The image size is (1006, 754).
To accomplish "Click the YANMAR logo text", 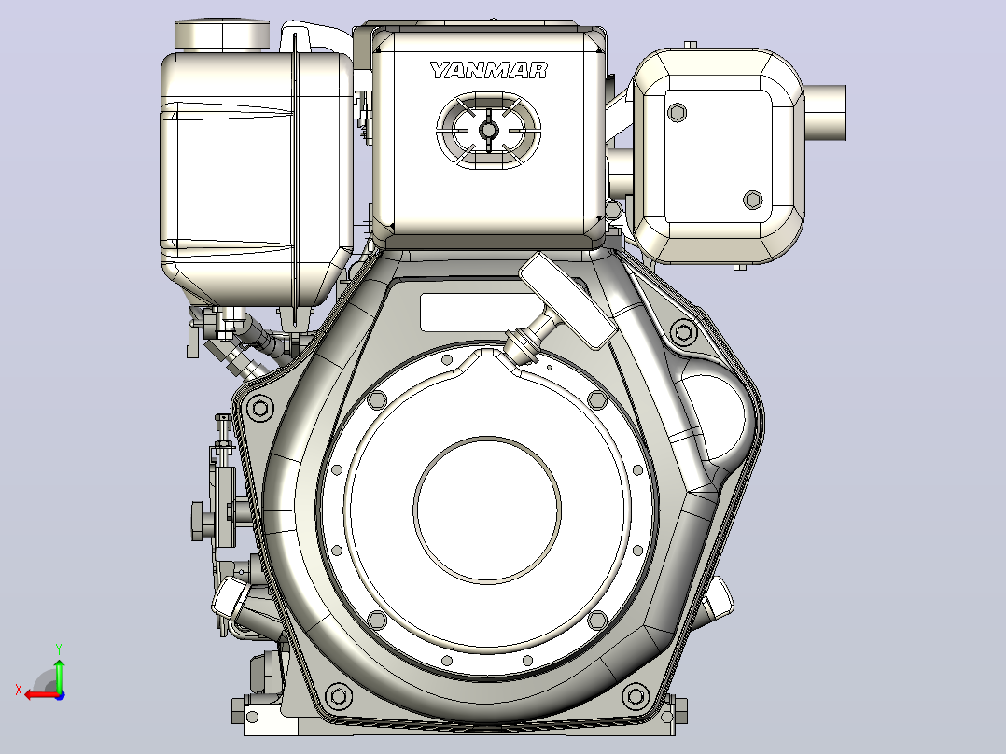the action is click(488, 70).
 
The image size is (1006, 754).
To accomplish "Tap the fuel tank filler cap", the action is click(223, 35).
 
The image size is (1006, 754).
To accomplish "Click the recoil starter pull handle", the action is click(568, 300).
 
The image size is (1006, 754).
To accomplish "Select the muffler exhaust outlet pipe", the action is click(825, 112).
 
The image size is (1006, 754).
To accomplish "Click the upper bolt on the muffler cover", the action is click(677, 113).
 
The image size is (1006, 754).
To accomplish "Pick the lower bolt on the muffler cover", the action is click(753, 200).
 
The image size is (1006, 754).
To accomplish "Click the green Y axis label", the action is click(59, 649).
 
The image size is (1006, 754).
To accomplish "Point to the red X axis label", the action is click(19, 690).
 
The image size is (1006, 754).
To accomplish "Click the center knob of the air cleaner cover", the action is click(488, 131).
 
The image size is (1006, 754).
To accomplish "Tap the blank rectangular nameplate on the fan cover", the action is click(478, 313).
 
